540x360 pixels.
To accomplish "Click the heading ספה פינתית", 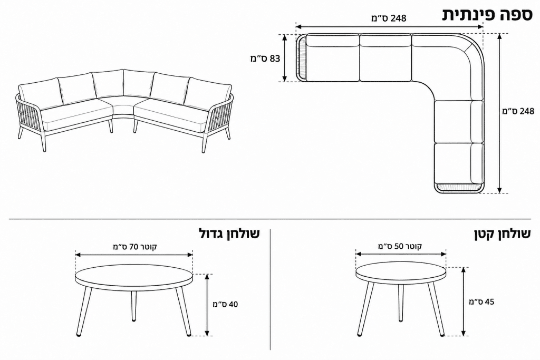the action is coord(487,15).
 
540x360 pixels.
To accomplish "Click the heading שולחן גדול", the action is coord(229,233).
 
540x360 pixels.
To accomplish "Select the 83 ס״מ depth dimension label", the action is coord(265,59).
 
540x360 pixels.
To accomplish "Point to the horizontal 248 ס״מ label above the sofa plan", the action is coord(389,18).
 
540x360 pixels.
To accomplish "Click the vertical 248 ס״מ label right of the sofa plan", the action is coord(519,111).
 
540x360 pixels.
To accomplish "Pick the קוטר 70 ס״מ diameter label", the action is coord(135,247).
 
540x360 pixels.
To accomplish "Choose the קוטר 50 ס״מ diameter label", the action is coord(400,247).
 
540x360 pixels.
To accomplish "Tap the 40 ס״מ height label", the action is coord(225,304).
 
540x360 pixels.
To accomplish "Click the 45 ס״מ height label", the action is coord(481,302).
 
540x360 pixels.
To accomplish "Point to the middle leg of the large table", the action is coord(133,304).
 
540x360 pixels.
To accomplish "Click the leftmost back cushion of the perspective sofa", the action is coord(39,94).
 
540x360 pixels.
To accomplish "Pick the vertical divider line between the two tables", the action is coord(271,289).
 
